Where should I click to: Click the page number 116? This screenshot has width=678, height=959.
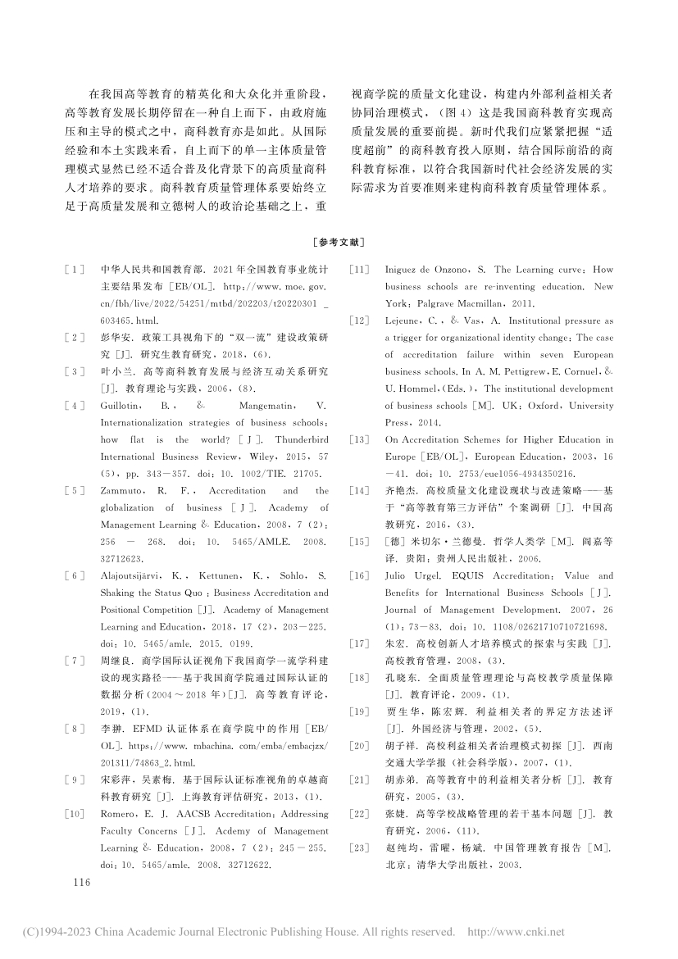(x=80, y=883)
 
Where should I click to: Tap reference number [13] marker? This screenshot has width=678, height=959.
(x=358, y=440)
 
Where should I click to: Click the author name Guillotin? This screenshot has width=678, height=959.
(x=121, y=406)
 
